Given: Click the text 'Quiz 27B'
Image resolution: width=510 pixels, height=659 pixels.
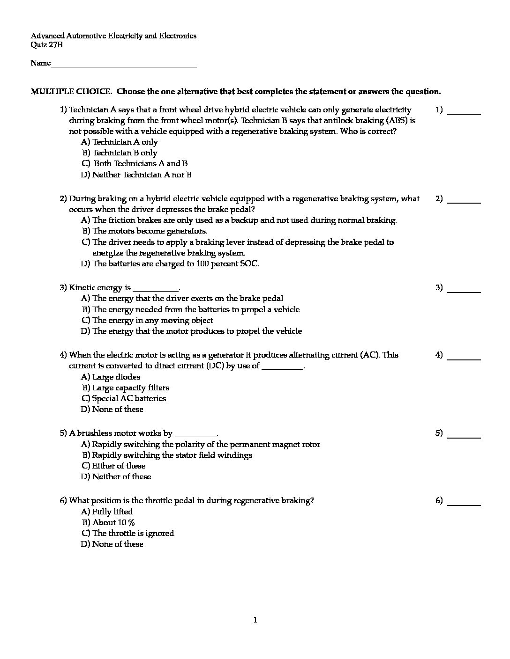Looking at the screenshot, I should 46,45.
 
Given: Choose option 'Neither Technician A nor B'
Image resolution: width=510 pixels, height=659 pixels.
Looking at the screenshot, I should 142,175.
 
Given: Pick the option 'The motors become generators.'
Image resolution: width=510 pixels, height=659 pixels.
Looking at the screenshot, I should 150,231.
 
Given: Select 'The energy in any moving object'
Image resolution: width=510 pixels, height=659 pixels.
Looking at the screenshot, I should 152,320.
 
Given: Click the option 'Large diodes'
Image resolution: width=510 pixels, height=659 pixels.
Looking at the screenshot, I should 116,377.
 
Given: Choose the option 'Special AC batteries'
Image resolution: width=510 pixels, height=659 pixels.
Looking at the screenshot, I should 129,398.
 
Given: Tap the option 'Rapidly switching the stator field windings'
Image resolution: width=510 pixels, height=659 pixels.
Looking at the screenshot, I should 172,455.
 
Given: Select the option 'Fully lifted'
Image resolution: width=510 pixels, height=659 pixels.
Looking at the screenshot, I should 112,512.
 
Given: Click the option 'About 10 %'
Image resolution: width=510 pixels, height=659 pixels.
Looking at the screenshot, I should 113,522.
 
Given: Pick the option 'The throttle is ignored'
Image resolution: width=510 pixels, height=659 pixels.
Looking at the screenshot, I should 133,533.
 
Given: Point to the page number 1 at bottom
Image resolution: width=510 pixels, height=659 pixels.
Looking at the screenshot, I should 255,620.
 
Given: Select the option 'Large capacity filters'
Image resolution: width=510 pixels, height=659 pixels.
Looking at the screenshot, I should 130,388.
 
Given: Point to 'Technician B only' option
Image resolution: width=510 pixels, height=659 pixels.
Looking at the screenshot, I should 124,153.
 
